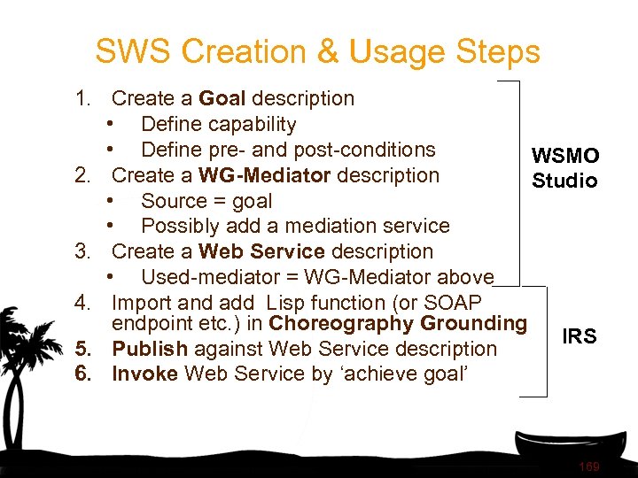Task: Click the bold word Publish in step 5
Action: pyautogui.click(x=150, y=349)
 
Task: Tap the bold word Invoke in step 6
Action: pyautogui.click(x=145, y=374)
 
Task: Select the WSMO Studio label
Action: pyautogui.click(x=565, y=168)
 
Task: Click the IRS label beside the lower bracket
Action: pyautogui.click(x=580, y=336)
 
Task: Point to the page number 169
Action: pyautogui.click(x=588, y=466)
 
